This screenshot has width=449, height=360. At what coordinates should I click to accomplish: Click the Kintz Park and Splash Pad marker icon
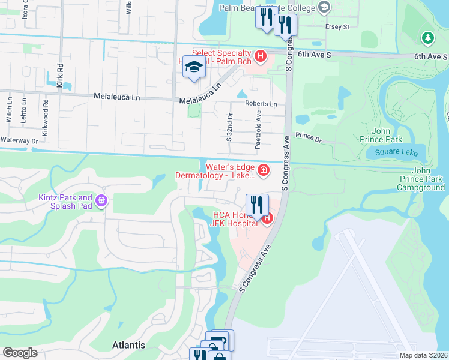[x=101, y=199]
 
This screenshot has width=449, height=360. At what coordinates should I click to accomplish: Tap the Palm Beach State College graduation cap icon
[x=325, y=7]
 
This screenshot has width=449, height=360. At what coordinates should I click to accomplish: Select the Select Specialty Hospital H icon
[x=261, y=57]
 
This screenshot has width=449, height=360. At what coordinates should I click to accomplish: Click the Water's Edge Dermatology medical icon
[x=262, y=172]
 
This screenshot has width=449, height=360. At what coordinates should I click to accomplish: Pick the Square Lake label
[x=396, y=152]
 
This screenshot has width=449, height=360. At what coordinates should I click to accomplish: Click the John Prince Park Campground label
[x=421, y=179]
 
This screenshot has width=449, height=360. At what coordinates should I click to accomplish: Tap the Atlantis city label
[x=128, y=345]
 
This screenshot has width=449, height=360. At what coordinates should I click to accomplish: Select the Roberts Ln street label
[x=261, y=104]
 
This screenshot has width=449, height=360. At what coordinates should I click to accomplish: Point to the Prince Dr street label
[x=309, y=140]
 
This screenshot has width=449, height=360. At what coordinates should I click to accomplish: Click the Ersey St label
[x=337, y=27]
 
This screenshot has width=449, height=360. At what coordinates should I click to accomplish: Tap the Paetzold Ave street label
[x=258, y=130]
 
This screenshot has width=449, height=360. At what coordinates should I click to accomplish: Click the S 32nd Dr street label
[x=229, y=127]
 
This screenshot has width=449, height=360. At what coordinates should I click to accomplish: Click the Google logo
[x=20, y=353]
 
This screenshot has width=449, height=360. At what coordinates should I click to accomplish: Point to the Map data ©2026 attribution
[x=424, y=355]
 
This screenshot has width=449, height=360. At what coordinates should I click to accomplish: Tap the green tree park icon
[x=427, y=38]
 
